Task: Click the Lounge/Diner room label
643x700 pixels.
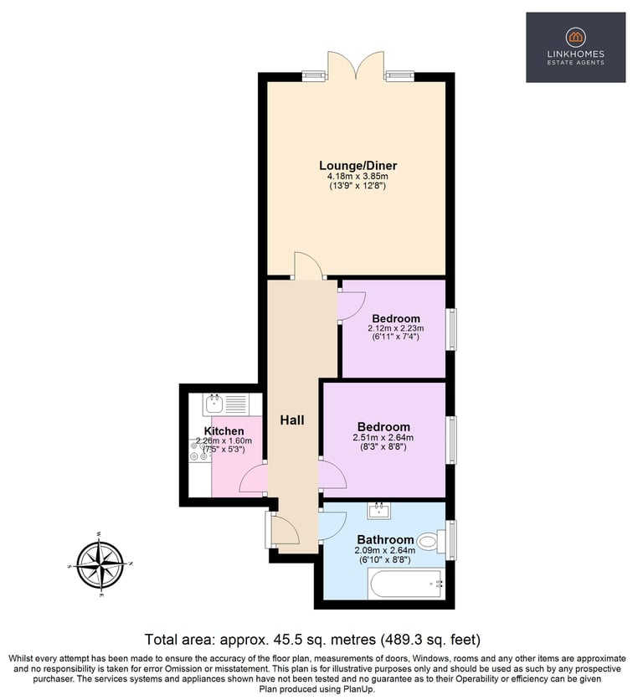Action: coord(358,166)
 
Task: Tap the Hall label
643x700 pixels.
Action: coord(292,420)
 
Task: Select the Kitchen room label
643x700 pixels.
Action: coord(224,431)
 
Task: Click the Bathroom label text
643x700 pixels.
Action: coord(385,540)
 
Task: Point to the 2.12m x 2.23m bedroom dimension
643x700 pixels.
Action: coord(396,328)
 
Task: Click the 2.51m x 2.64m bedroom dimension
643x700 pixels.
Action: coord(383,437)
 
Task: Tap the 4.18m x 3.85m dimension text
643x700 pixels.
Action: coord(358,177)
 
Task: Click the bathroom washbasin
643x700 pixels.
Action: coord(379,511)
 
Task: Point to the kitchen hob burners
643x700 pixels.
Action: coord(199,450)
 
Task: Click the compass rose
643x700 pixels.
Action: coord(100,565)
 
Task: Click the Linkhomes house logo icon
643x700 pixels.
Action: coord(575,38)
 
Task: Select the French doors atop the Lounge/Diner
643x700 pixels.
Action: coord(356,65)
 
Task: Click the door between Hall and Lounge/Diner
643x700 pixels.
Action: coord(308,265)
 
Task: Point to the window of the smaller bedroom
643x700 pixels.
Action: coord(452,329)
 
